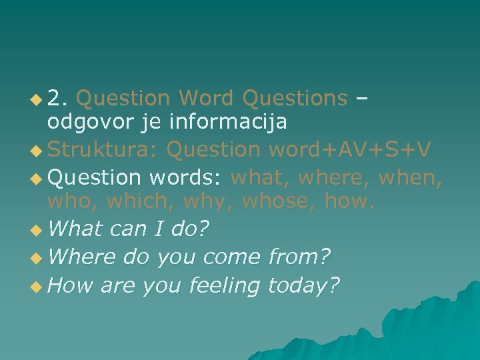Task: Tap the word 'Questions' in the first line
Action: pos(295,99)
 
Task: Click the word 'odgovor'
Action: pos(85,123)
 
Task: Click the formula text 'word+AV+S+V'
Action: pos(353,150)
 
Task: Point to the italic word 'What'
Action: pos(75,229)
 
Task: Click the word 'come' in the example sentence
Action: pos(231,257)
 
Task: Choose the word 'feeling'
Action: pos(224,285)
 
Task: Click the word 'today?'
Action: pos(303,285)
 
